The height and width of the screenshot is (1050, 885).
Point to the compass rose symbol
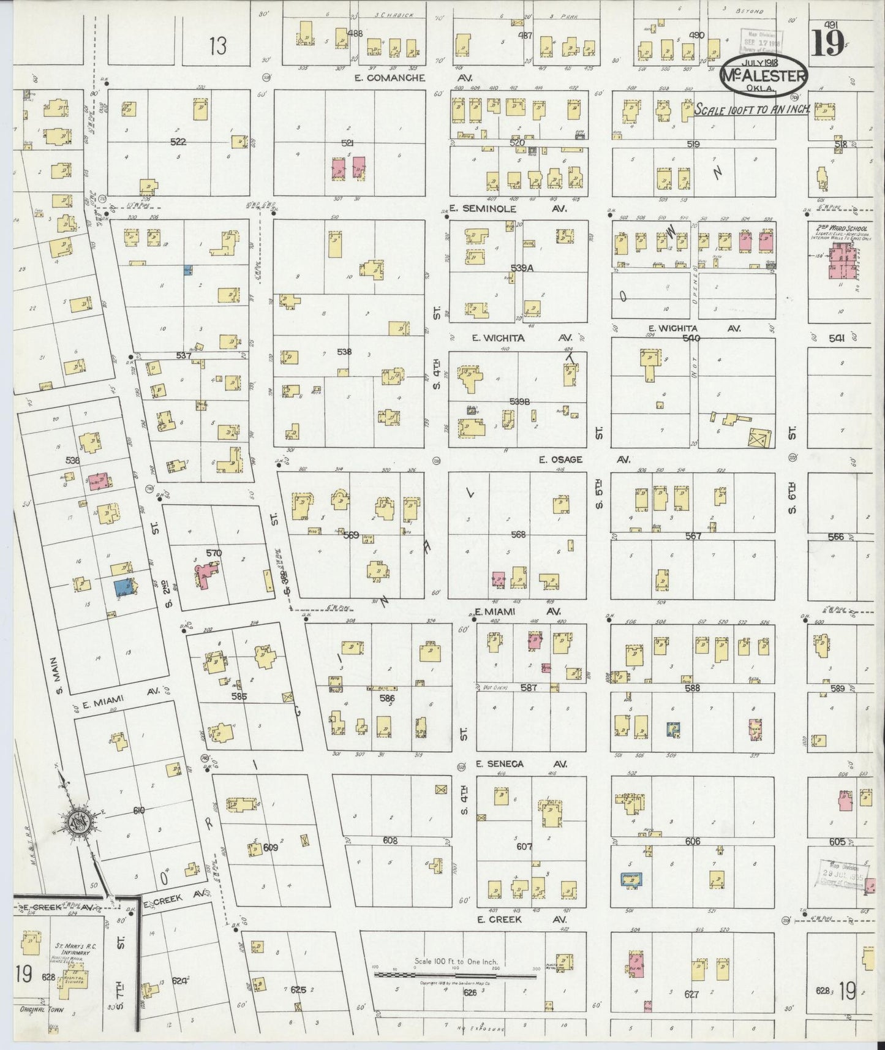pos(79,823)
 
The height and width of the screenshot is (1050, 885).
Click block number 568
pos(518,535)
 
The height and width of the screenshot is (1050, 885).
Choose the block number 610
pos(138,810)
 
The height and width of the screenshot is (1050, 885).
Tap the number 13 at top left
pos(217,46)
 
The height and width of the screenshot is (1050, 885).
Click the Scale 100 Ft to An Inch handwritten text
pos(752,109)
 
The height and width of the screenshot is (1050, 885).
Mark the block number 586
pos(386,698)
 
